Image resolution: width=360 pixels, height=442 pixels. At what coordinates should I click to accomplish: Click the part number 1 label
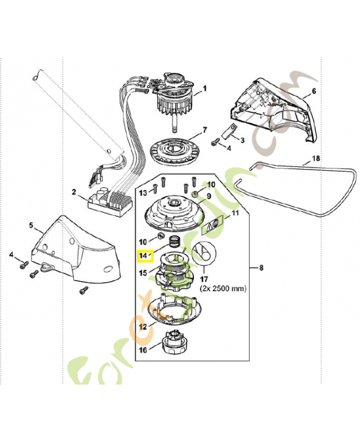205,88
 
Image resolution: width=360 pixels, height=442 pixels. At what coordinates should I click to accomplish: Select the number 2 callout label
74,192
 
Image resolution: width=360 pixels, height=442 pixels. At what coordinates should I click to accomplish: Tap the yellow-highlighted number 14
145,256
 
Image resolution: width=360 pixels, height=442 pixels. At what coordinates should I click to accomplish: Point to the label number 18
316,158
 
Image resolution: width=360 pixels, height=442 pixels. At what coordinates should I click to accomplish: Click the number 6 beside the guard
314,91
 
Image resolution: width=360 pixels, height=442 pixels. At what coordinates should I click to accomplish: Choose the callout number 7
205,130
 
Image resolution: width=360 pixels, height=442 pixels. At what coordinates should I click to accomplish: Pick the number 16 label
143,350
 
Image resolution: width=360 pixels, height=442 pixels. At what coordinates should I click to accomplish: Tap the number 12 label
143,327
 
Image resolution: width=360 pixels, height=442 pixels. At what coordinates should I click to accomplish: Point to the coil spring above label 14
174,241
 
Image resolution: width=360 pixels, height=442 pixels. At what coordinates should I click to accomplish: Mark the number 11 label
235,213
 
